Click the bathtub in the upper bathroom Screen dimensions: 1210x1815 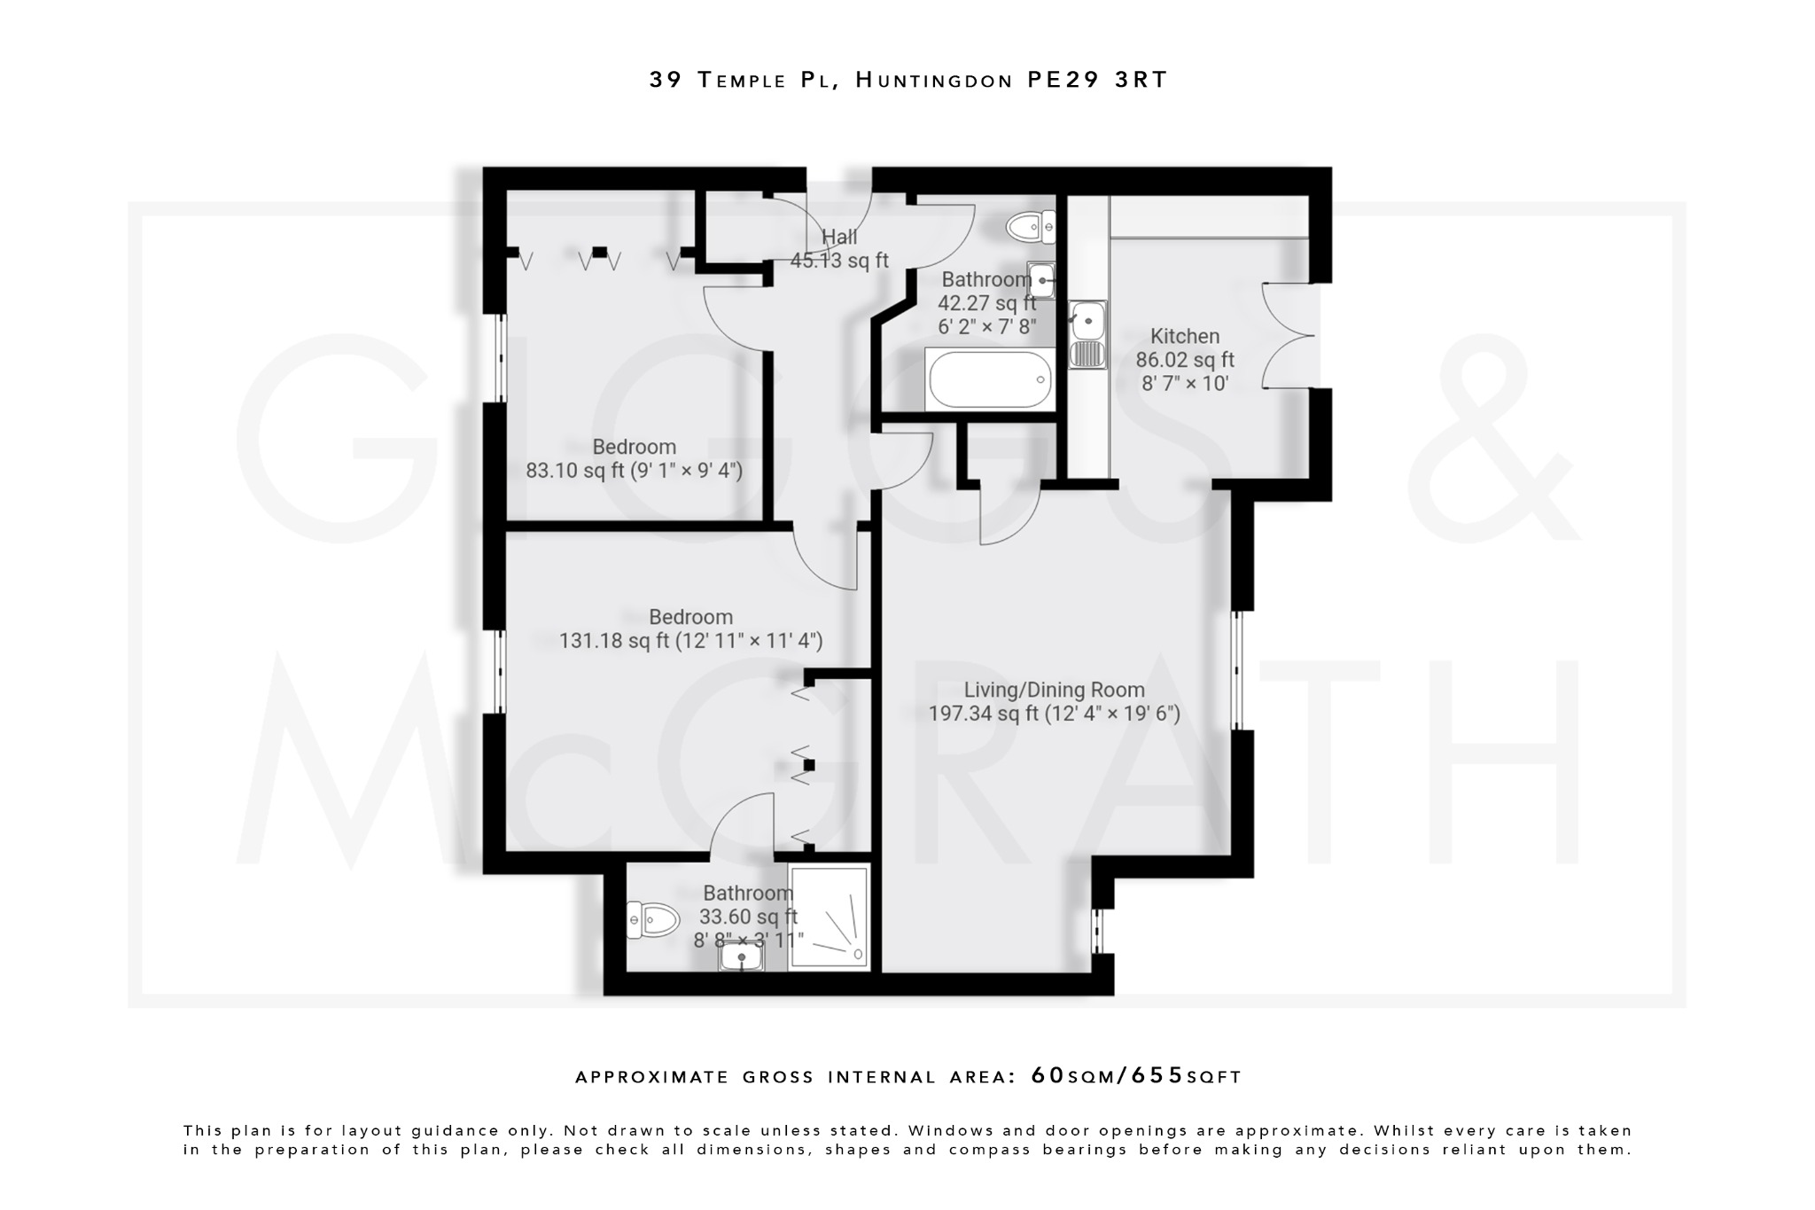point(989,379)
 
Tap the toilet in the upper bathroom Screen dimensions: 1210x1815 point(1032,227)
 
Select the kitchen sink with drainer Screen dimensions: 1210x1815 point(1087,334)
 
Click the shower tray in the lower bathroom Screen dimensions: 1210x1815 point(829,917)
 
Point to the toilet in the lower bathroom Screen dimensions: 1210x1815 point(650,919)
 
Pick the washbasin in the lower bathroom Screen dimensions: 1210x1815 point(741,957)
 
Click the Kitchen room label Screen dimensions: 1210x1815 point(1184,337)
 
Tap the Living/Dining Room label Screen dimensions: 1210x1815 point(1054,690)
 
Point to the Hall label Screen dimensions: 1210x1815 point(838,237)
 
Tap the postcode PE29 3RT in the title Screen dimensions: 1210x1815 point(1097,80)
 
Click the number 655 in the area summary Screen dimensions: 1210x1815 point(1157,1076)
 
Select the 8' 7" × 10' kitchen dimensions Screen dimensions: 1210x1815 point(1184,384)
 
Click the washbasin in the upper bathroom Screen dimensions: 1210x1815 point(1041,279)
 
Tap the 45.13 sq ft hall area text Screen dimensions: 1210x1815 point(838,261)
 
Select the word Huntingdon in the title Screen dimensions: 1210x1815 point(934,80)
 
